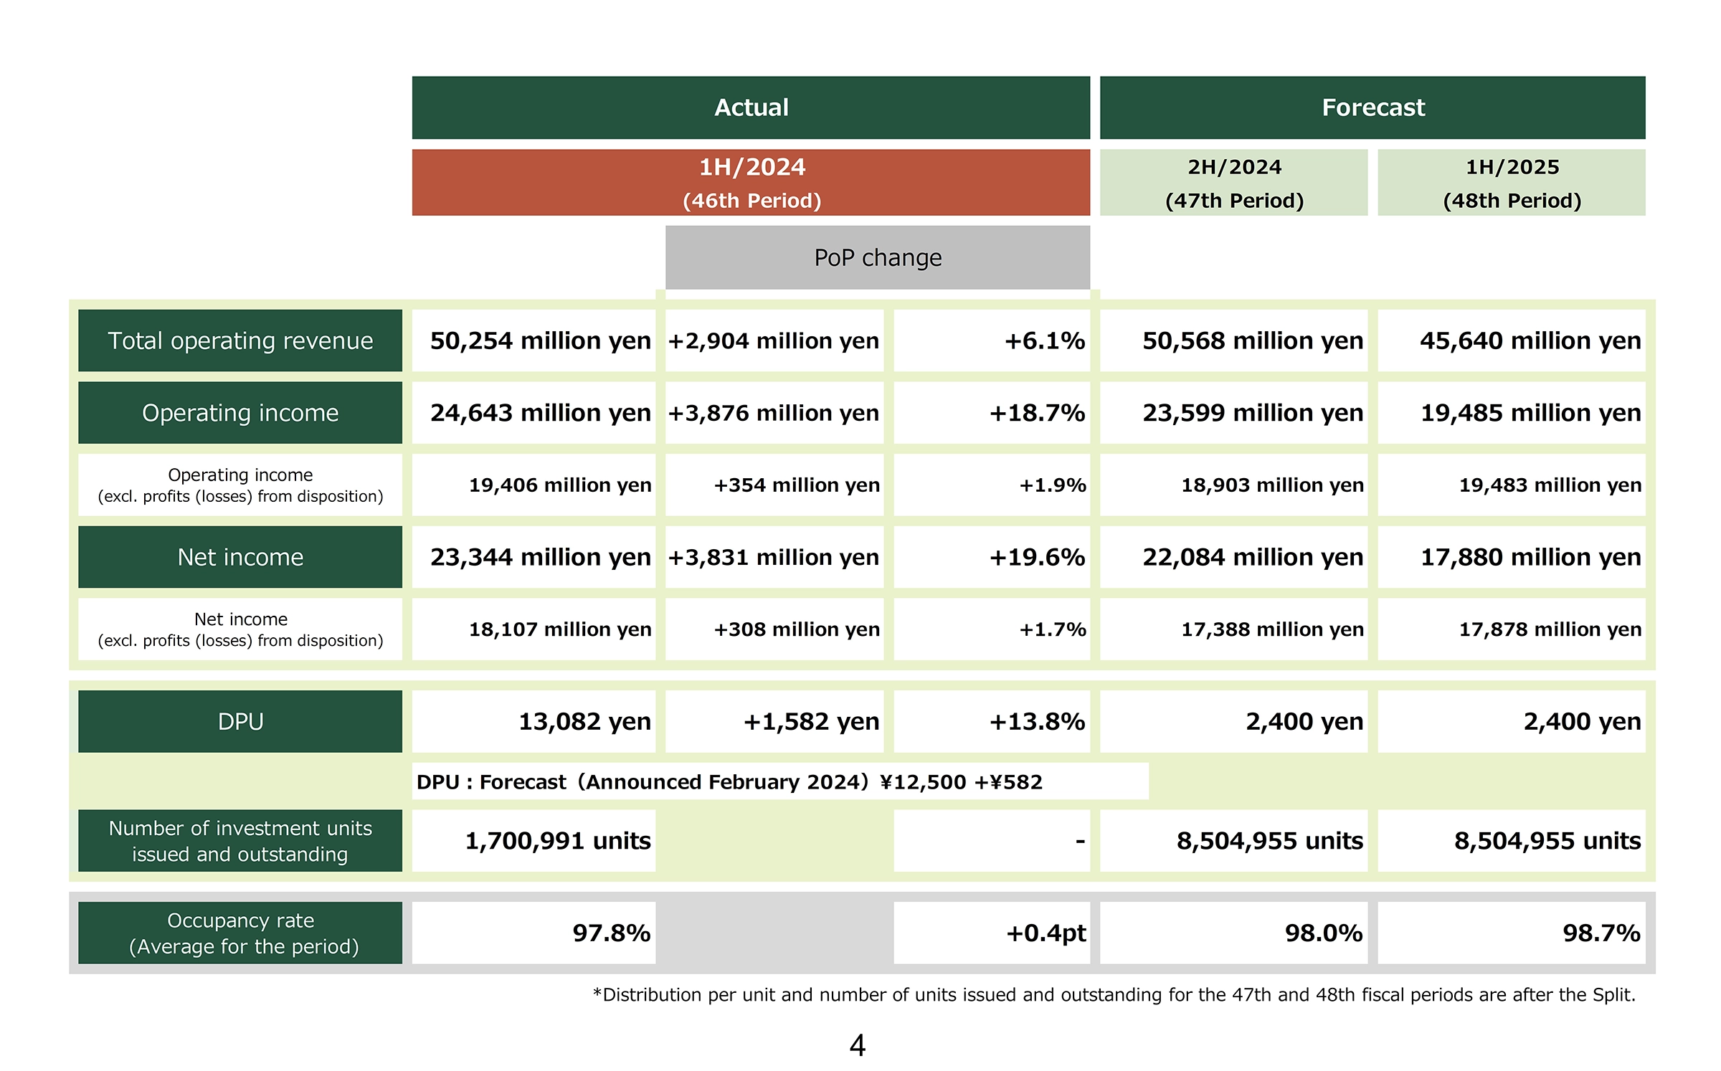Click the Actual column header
tap(751, 108)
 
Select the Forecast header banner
tap(1372, 108)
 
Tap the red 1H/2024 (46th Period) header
tap(751, 183)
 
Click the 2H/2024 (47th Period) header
tap(1233, 183)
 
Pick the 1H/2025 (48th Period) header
tap(1512, 183)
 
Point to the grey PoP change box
tap(878, 257)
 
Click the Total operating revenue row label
tap(240, 341)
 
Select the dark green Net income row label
tap(240, 557)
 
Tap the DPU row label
tap(240, 721)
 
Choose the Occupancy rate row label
tap(240, 933)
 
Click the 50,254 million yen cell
tap(534, 341)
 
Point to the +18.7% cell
tap(992, 413)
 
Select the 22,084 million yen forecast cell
tap(1233, 557)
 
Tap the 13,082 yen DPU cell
tap(534, 721)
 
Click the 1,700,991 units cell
tap(534, 841)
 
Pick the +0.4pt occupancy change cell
tap(992, 933)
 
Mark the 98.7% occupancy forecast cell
tap(1512, 933)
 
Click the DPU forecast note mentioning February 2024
tap(780, 781)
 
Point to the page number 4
tap(858, 1046)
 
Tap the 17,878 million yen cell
tap(1512, 629)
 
